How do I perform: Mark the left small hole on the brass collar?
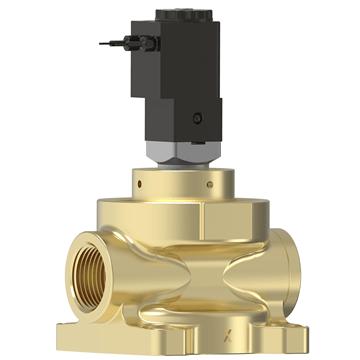pyautogui.click(x=140, y=183)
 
